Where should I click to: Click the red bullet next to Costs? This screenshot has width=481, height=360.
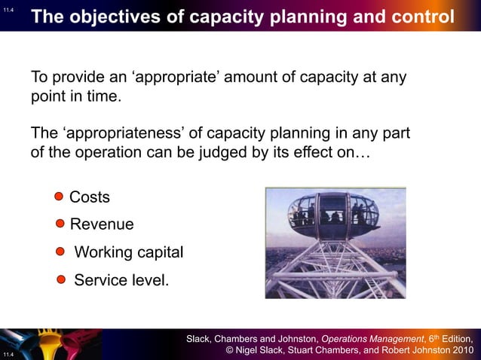pos(60,197)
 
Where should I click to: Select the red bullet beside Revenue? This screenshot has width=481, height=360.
pos(61,224)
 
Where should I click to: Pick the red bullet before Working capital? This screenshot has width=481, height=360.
pos(62,252)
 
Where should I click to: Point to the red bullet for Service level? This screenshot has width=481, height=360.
pos(63,280)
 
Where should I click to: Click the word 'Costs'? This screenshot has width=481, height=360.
pos(90,197)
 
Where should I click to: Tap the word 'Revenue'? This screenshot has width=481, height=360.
pos(102,224)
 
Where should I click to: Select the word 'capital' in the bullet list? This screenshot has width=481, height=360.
pos(158,252)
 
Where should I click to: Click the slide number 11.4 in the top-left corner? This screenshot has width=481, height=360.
pos(8,8)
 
